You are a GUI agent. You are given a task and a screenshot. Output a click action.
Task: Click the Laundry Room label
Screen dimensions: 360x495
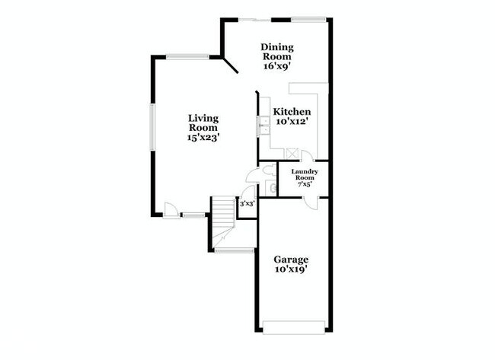coord(303,174)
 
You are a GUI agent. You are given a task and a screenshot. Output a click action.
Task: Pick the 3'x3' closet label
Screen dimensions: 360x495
coord(247,203)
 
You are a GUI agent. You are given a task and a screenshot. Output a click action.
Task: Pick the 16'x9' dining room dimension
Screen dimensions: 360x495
coord(277,66)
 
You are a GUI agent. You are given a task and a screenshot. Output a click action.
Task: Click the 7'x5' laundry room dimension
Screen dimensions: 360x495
coord(303,184)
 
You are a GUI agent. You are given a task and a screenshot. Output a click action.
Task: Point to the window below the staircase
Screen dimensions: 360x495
coord(234,250)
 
